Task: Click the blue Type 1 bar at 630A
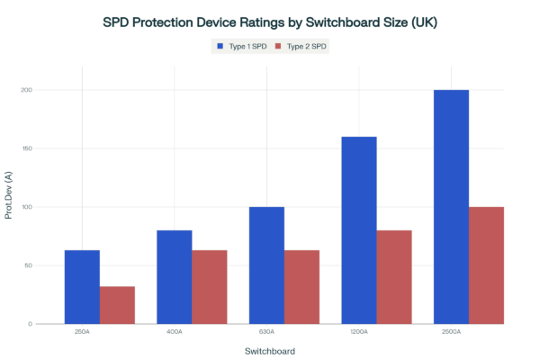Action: pyautogui.click(x=266, y=265)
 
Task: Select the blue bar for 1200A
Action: pyautogui.click(x=359, y=229)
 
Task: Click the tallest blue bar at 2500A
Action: pyautogui.click(x=451, y=206)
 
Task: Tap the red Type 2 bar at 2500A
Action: pyautogui.click(x=486, y=265)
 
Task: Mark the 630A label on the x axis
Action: pyautogui.click(x=266, y=332)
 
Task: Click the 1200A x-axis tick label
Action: pyautogui.click(x=359, y=332)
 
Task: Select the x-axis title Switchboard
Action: pyautogui.click(x=270, y=350)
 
